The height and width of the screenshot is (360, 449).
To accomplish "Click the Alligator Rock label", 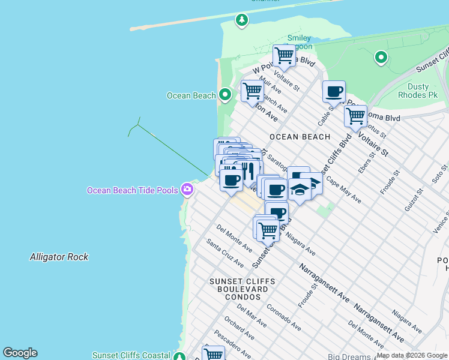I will point(59,257).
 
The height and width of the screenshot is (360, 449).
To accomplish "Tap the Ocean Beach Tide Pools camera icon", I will point(187,190).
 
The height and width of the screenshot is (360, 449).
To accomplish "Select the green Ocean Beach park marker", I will point(225,95).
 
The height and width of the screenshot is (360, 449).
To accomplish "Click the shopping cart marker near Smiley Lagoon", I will point(284,56).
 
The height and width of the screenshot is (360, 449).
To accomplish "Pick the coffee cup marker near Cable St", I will point(334,92).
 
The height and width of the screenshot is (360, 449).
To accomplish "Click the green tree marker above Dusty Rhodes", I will point(381,58).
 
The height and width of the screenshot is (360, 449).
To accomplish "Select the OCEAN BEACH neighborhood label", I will point(300,137).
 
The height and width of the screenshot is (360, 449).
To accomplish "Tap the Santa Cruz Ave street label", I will point(225,253).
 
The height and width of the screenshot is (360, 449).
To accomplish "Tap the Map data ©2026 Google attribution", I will point(412,355).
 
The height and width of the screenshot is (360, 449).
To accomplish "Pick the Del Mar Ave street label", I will point(252,315).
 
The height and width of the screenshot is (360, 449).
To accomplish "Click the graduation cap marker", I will point(300,190).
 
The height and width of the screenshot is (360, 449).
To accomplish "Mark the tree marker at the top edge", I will point(241,20).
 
